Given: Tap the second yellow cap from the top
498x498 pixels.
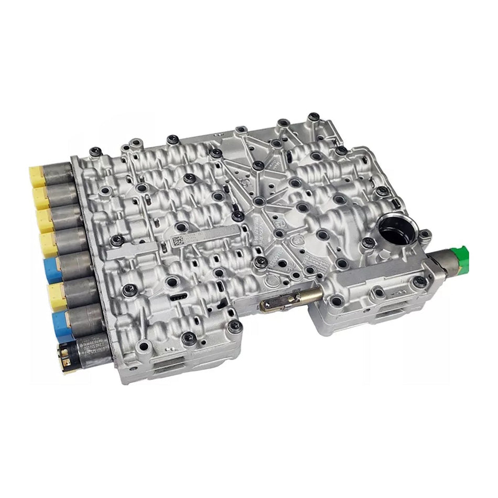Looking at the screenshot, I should point(40,198).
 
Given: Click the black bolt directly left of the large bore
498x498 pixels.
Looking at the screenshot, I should point(369,242).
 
